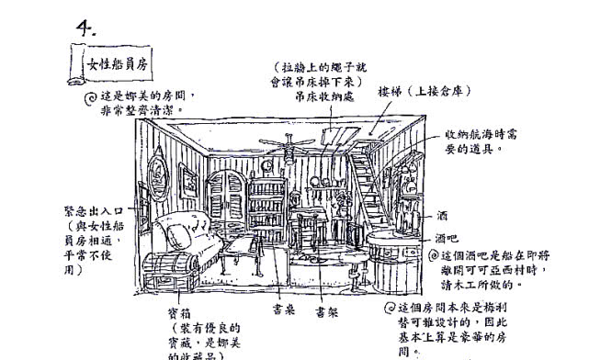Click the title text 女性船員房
(116, 66)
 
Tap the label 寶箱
(180, 314)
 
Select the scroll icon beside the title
(77, 64)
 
